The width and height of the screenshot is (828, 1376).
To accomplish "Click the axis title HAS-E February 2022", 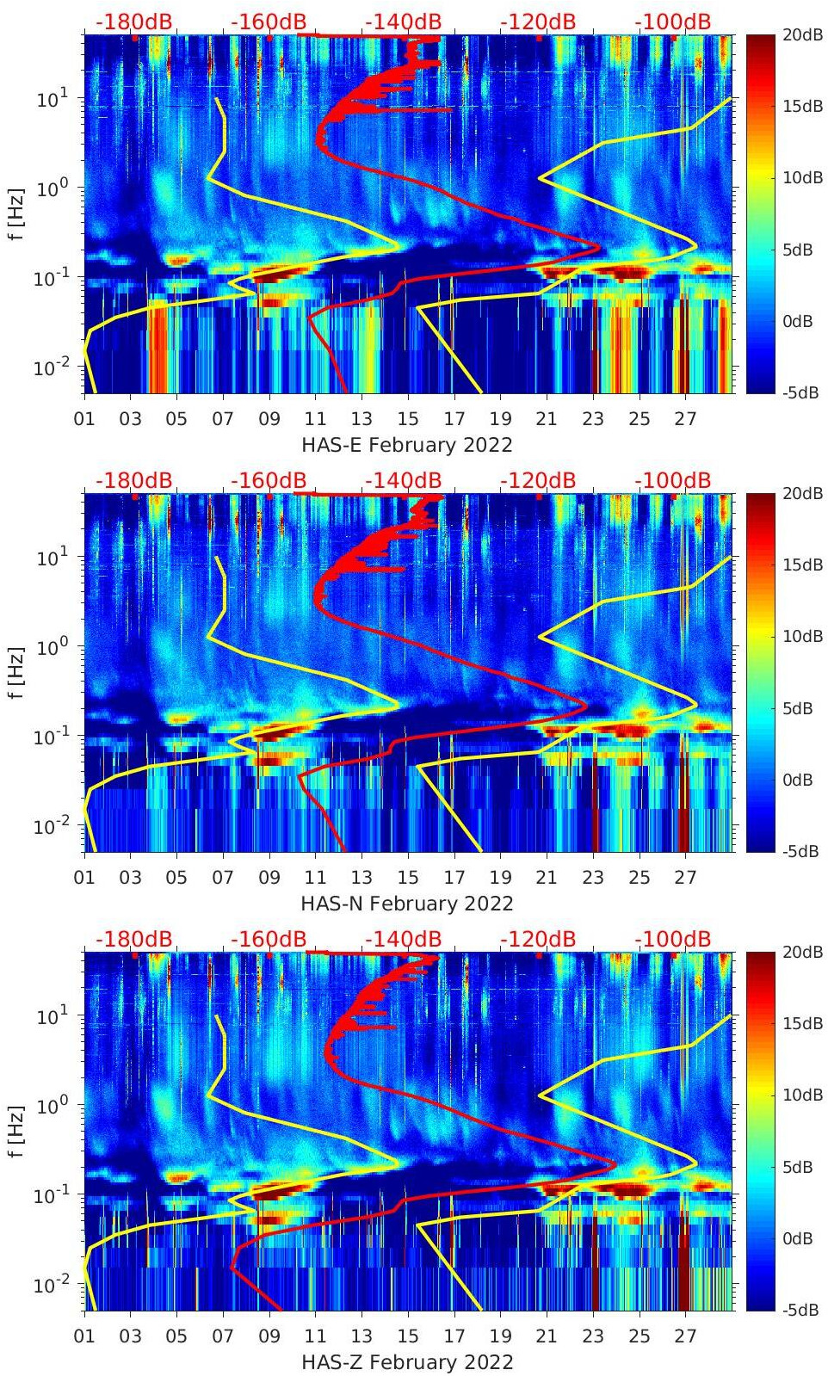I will [x=406, y=445].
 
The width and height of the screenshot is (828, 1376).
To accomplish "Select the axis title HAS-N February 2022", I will [x=406, y=904].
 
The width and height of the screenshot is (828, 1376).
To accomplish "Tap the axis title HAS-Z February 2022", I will [x=406, y=1362].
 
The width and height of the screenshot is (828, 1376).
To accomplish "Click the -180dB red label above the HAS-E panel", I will [x=133, y=22].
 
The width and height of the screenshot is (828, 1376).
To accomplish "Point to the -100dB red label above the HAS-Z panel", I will [x=673, y=939].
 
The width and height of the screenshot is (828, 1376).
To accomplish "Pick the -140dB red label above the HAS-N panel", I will [x=403, y=480].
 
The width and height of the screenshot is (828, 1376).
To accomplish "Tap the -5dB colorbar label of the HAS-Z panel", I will [x=798, y=1310].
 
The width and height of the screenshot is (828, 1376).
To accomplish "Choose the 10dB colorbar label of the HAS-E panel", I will [x=801, y=177].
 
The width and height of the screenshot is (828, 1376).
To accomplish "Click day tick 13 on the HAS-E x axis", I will [x=361, y=419].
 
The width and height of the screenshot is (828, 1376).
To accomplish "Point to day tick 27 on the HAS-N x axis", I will [x=685, y=878].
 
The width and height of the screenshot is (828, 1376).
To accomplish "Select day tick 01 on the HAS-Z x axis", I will [x=84, y=1336].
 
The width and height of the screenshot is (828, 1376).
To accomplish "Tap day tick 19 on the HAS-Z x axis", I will [x=500, y=1336].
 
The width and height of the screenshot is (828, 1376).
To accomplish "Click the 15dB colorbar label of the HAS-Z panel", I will [x=801, y=1023].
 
